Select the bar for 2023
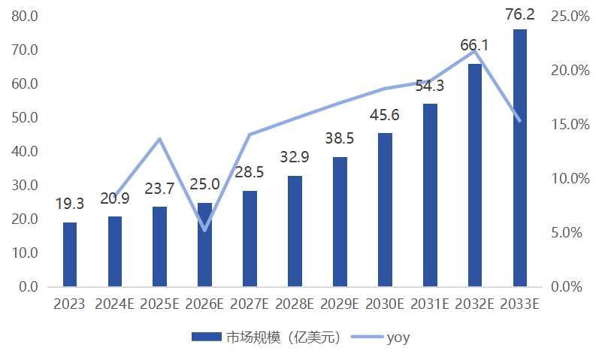(69, 254)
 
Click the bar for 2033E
(519, 158)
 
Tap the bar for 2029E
(340, 222)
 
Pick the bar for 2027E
(250, 238)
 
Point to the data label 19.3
(69, 204)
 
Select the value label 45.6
(383, 115)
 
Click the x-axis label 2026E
(204, 304)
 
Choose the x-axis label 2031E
(429, 304)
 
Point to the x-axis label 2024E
(114, 304)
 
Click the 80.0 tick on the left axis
(26, 16)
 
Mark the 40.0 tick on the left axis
(26, 151)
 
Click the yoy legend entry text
(398, 337)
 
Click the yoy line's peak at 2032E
(474, 51)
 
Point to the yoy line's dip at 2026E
(204, 230)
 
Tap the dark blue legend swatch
(207, 337)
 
